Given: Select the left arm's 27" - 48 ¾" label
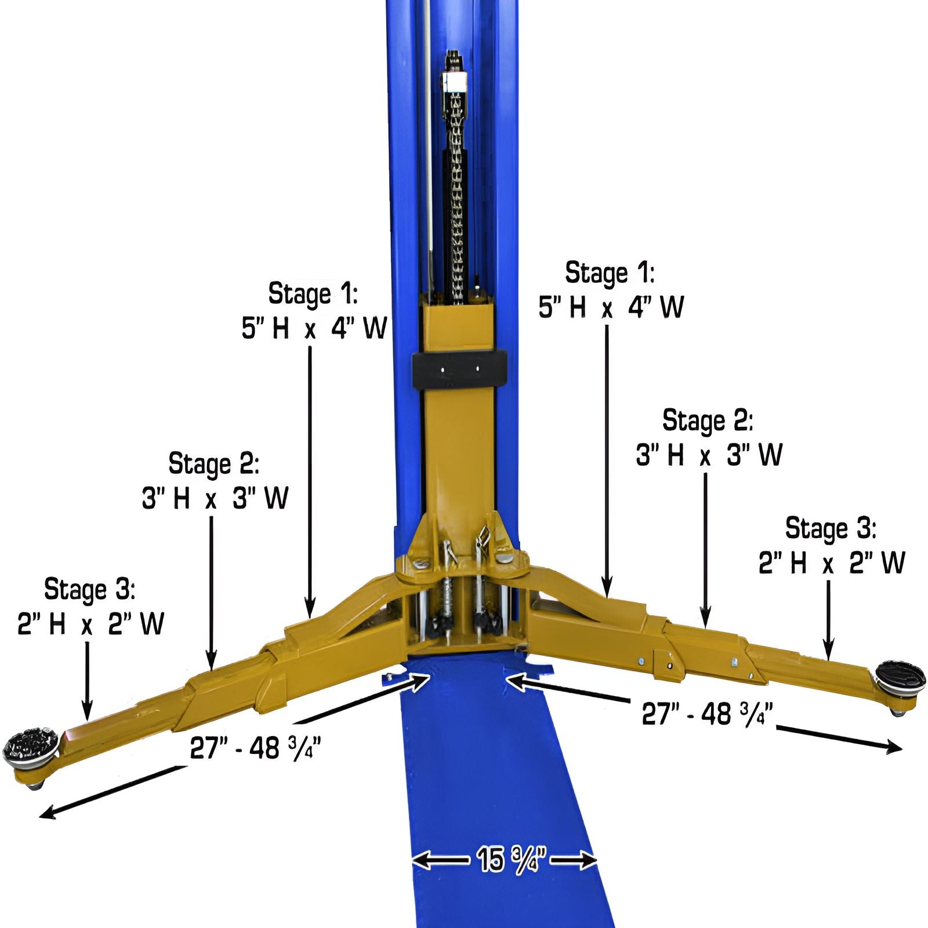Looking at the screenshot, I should [x=255, y=749].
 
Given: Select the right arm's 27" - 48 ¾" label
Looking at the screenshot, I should [x=707, y=713].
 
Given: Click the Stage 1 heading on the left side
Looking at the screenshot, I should [x=313, y=294].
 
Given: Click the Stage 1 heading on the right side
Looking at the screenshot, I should [x=610, y=273].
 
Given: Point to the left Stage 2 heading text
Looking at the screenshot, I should [x=213, y=464].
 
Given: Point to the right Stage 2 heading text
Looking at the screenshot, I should [x=707, y=421].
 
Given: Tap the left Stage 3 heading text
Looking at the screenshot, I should [x=89, y=590].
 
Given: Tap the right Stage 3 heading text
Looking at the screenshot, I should [x=830, y=528].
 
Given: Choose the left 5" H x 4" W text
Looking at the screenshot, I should [x=314, y=329].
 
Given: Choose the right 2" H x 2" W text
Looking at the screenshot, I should [x=831, y=563].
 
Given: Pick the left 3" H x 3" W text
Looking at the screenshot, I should [x=215, y=498].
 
